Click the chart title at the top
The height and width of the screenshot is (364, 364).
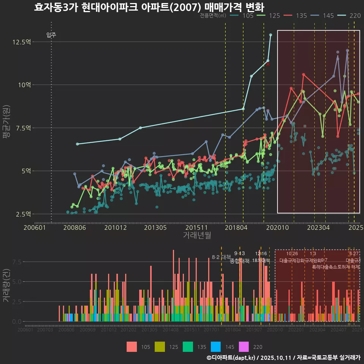(149, 7)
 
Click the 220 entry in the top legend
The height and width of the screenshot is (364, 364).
(355, 16)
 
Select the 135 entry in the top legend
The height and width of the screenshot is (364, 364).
(301, 16)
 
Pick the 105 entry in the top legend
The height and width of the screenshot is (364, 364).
(248, 16)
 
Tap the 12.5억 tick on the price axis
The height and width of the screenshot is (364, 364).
(21, 42)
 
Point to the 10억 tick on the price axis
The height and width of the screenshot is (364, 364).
(24, 85)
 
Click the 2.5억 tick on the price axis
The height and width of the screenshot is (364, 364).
(23, 214)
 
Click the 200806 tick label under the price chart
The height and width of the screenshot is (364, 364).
(75, 228)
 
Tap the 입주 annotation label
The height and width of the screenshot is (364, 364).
(51, 35)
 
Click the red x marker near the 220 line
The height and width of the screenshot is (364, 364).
(268, 64)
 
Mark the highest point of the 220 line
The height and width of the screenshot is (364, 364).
(270, 35)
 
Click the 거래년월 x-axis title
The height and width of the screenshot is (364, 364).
(197, 235)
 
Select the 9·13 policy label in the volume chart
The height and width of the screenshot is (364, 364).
(239, 254)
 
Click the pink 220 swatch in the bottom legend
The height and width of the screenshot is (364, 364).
(244, 347)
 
